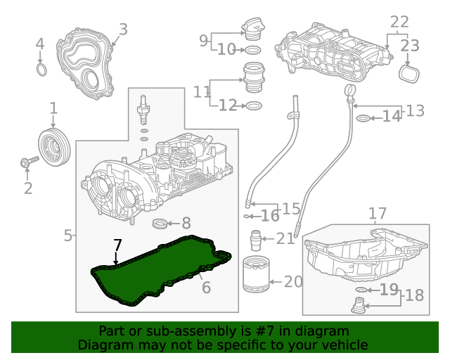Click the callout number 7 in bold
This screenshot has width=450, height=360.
[117, 245]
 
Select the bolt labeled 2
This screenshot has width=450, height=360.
[29, 163]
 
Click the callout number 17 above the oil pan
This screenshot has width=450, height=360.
[378, 213]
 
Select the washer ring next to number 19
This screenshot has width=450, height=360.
[361, 290]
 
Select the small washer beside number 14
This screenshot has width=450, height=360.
[363, 117]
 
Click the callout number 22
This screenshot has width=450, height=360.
[399, 22]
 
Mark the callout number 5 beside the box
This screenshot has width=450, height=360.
[68, 236]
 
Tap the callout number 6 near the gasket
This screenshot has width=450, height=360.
[206, 287]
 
